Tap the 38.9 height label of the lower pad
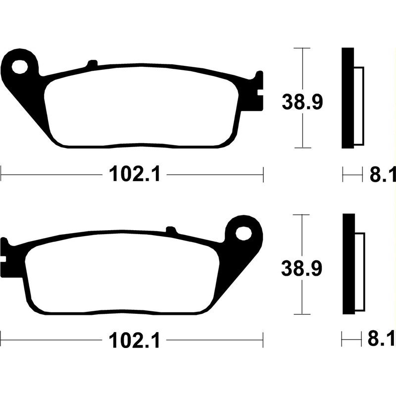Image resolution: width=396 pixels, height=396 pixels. [x=302, y=269]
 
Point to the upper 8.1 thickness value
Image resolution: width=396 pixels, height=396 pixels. [x=383, y=174]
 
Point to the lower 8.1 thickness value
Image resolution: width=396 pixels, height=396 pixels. [x=383, y=341]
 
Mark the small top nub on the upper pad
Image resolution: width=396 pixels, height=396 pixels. [x=92, y=63]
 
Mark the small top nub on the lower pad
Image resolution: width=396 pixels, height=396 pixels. [x=171, y=230]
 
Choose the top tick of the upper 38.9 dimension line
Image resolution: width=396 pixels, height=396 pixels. [x=302, y=49]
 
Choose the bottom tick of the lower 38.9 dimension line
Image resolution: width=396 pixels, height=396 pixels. [x=302, y=314]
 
